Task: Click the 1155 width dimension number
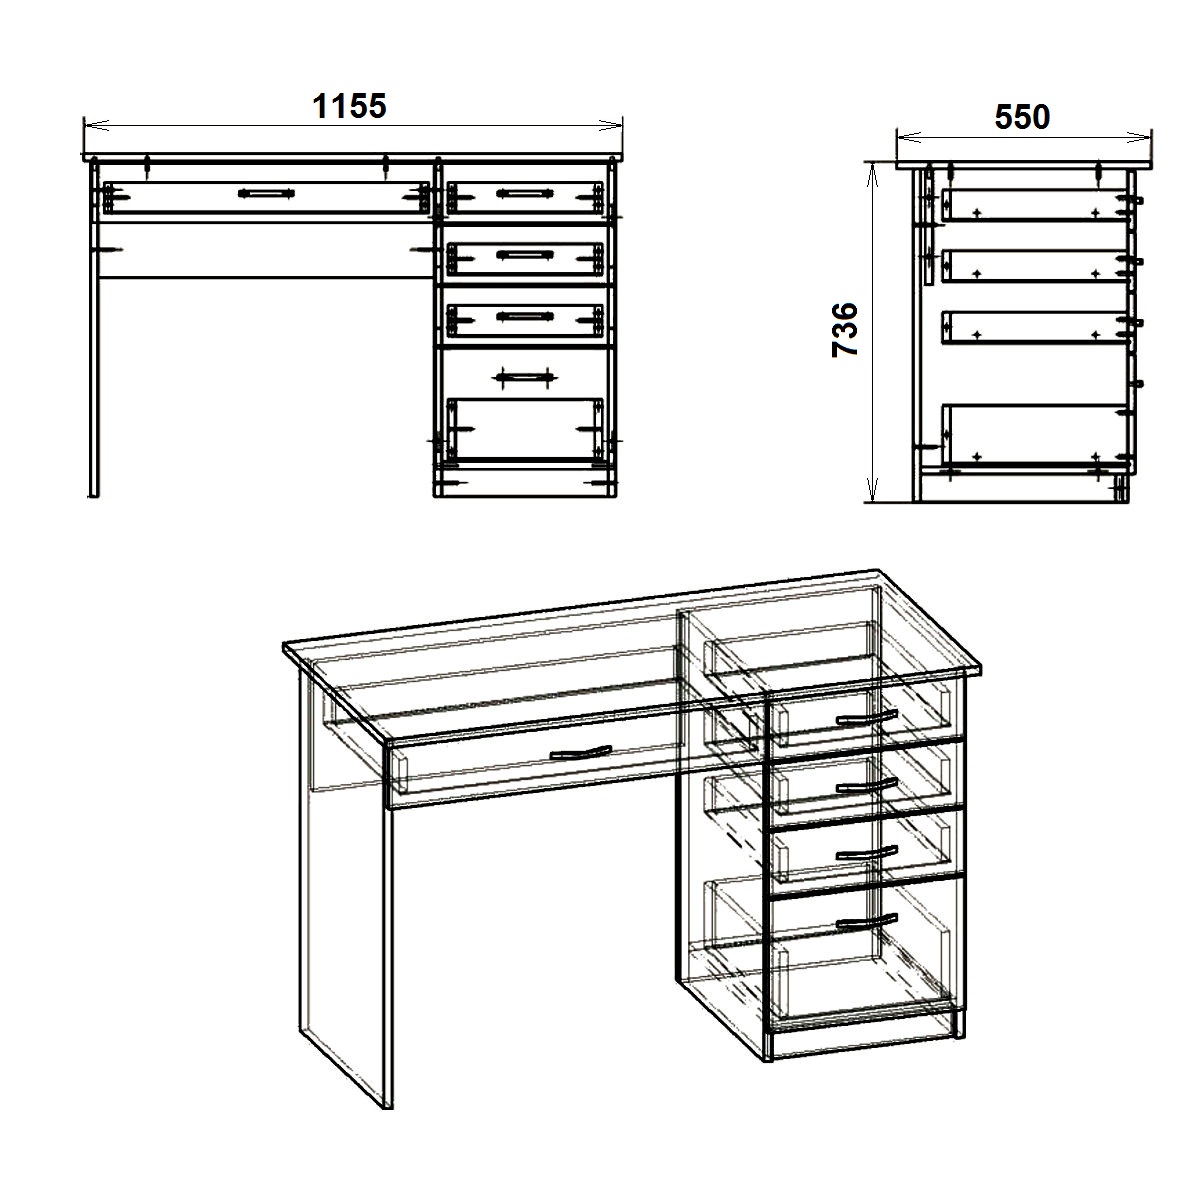pyautogui.click(x=349, y=106)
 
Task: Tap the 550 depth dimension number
pyautogui.click(x=1023, y=117)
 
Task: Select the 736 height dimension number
pyautogui.click(x=845, y=329)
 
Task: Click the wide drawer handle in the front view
pyautogui.click(x=267, y=194)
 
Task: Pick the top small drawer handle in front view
pyautogui.click(x=525, y=194)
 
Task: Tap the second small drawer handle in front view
pyautogui.click(x=525, y=255)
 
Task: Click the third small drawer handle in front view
pyautogui.click(x=525, y=317)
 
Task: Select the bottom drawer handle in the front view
pyautogui.click(x=524, y=377)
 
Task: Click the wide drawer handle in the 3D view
pyautogui.click(x=581, y=754)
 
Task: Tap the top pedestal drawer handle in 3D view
pyautogui.click(x=867, y=718)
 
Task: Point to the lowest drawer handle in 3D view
pyautogui.click(x=867, y=922)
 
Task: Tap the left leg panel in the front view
pyautogui.click(x=94, y=328)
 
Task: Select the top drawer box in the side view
pyautogui.click(x=1036, y=206)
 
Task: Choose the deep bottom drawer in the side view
pyautogui.click(x=1036, y=435)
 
